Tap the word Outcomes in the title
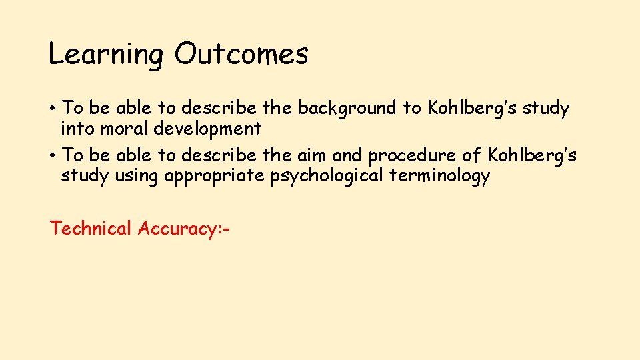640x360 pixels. point(241,53)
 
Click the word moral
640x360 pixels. point(122,128)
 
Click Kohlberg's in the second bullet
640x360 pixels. point(532,155)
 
